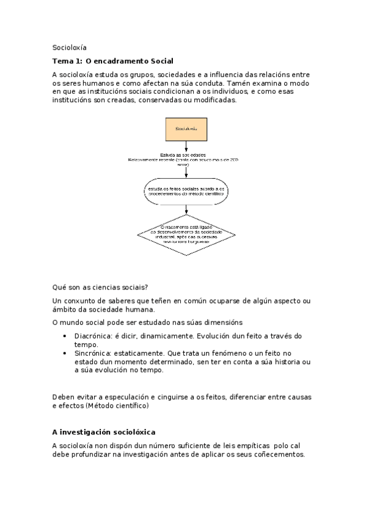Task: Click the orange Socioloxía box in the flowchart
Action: point(185,129)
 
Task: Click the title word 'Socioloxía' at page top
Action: point(70,47)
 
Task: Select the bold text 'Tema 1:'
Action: point(68,61)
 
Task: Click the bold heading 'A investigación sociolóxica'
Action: point(104,431)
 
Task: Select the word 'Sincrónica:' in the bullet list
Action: point(93,354)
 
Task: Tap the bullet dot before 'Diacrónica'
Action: point(65,336)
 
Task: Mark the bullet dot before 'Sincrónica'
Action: point(65,354)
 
